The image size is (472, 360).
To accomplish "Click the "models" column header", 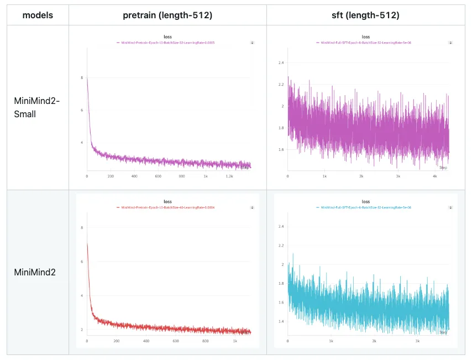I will [38, 15].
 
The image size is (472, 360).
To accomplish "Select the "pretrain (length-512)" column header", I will [167, 15].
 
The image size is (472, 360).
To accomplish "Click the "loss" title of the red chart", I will [168, 202].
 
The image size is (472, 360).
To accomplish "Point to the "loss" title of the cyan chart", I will [365, 202].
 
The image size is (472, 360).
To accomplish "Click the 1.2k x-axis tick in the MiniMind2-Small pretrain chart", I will [229, 176].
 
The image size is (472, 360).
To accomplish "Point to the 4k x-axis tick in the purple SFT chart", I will [434, 176].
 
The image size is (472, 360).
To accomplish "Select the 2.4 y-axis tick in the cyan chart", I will [281, 227].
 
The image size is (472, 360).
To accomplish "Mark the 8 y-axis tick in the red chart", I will [82, 228].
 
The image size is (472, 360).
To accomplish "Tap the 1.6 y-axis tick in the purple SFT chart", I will [281, 150].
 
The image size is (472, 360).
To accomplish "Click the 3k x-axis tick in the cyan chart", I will [417, 341].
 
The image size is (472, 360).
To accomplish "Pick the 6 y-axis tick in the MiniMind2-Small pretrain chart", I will [82, 110].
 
